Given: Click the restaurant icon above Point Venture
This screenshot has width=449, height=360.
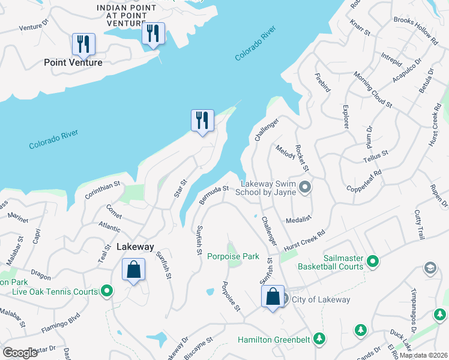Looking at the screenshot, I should tap(82, 44).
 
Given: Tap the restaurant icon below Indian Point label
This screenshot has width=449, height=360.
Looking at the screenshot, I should tap(153, 34).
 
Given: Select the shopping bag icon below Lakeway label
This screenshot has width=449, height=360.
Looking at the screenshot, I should tap(133, 269).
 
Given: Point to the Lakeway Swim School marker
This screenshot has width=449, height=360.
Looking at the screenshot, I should tap(305, 188).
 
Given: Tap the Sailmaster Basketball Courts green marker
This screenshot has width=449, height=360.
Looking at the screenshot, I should tap(373, 261).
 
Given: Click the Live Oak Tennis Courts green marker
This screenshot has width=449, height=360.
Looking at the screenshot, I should tap(107, 292).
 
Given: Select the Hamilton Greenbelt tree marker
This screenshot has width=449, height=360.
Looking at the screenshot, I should tap(319, 340).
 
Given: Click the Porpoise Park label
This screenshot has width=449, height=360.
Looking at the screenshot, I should tap(233, 257).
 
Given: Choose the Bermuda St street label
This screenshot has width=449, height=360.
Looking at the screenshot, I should tap(214, 194).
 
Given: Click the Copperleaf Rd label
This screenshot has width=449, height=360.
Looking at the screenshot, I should tap(364, 180).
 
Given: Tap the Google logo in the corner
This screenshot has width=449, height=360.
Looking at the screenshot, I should tap(20, 353).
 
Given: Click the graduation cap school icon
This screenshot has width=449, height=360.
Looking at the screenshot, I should tap(430, 268).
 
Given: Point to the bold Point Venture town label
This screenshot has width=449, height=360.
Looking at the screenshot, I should tap(73, 62).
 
